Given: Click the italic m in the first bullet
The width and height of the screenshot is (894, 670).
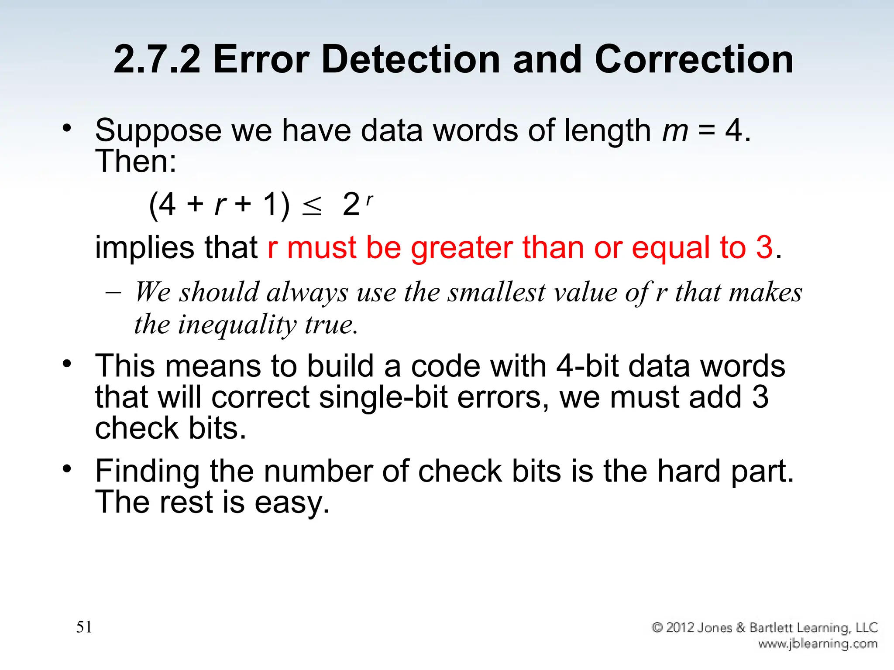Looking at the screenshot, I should [x=675, y=131].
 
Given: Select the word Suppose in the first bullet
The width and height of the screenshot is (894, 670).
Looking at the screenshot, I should [x=158, y=131].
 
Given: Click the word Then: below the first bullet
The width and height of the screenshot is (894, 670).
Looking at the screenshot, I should [x=136, y=161].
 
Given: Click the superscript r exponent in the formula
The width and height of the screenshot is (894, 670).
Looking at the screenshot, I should [x=369, y=199].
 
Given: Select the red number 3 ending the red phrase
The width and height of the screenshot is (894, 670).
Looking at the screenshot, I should [x=764, y=247].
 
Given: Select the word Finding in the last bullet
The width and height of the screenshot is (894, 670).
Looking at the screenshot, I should [x=148, y=472].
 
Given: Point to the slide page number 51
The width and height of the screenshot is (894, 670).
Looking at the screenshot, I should [x=84, y=627].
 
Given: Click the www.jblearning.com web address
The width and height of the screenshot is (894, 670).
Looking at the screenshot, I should [x=818, y=644].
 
